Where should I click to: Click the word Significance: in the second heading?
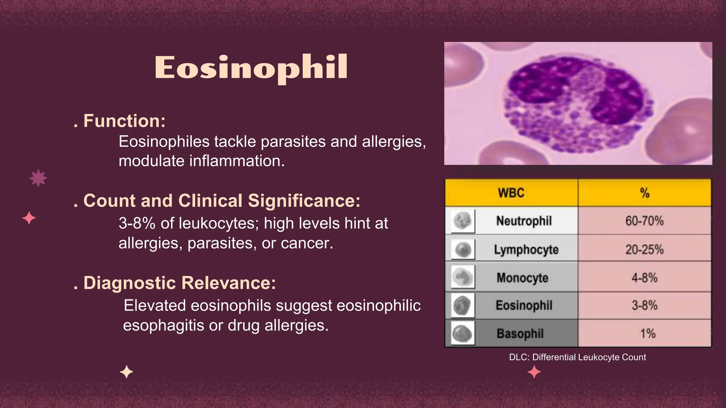304,200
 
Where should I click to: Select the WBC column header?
511,193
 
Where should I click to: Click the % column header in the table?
645,193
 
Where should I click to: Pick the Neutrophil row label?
524,221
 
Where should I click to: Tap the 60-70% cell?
644,221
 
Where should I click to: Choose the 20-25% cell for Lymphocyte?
644,249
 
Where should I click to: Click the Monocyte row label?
523,278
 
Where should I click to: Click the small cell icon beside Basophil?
463,334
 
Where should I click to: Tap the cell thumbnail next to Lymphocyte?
463,249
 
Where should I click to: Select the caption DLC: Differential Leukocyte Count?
577,357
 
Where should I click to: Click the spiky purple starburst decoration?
38,178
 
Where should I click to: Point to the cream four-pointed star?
127,372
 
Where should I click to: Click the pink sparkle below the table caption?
534,372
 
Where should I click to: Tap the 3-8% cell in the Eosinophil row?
644,305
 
